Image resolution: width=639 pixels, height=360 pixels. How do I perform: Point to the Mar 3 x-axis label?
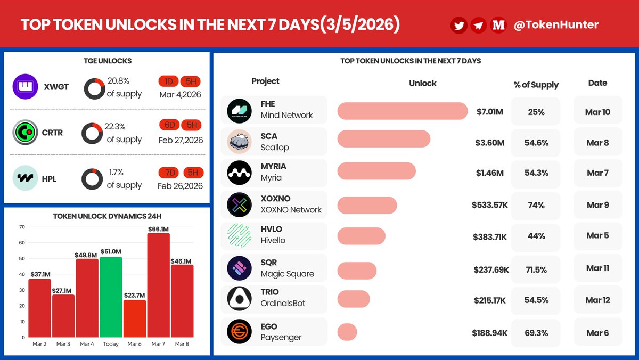63,344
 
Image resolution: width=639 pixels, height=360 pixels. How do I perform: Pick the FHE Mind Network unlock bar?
402,111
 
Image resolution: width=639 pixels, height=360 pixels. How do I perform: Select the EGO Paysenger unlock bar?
347,332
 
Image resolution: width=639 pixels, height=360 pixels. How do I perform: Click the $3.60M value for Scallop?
490,142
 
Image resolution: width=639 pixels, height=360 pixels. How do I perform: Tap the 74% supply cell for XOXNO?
536,205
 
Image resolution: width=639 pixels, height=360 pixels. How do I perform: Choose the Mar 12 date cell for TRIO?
597,300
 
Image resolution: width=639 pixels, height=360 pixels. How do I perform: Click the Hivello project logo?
239,235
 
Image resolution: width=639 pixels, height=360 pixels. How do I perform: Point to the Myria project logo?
239,173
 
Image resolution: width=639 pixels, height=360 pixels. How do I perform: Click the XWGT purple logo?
26,86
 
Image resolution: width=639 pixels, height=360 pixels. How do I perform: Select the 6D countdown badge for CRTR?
169,125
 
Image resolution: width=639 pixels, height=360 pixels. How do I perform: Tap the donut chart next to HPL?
93,179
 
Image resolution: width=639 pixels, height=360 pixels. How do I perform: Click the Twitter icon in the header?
459,25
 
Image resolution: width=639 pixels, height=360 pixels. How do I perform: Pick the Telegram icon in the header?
478,25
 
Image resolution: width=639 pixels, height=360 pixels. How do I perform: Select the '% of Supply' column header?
536,85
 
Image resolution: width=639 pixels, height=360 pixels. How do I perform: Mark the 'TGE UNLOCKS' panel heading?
107,61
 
